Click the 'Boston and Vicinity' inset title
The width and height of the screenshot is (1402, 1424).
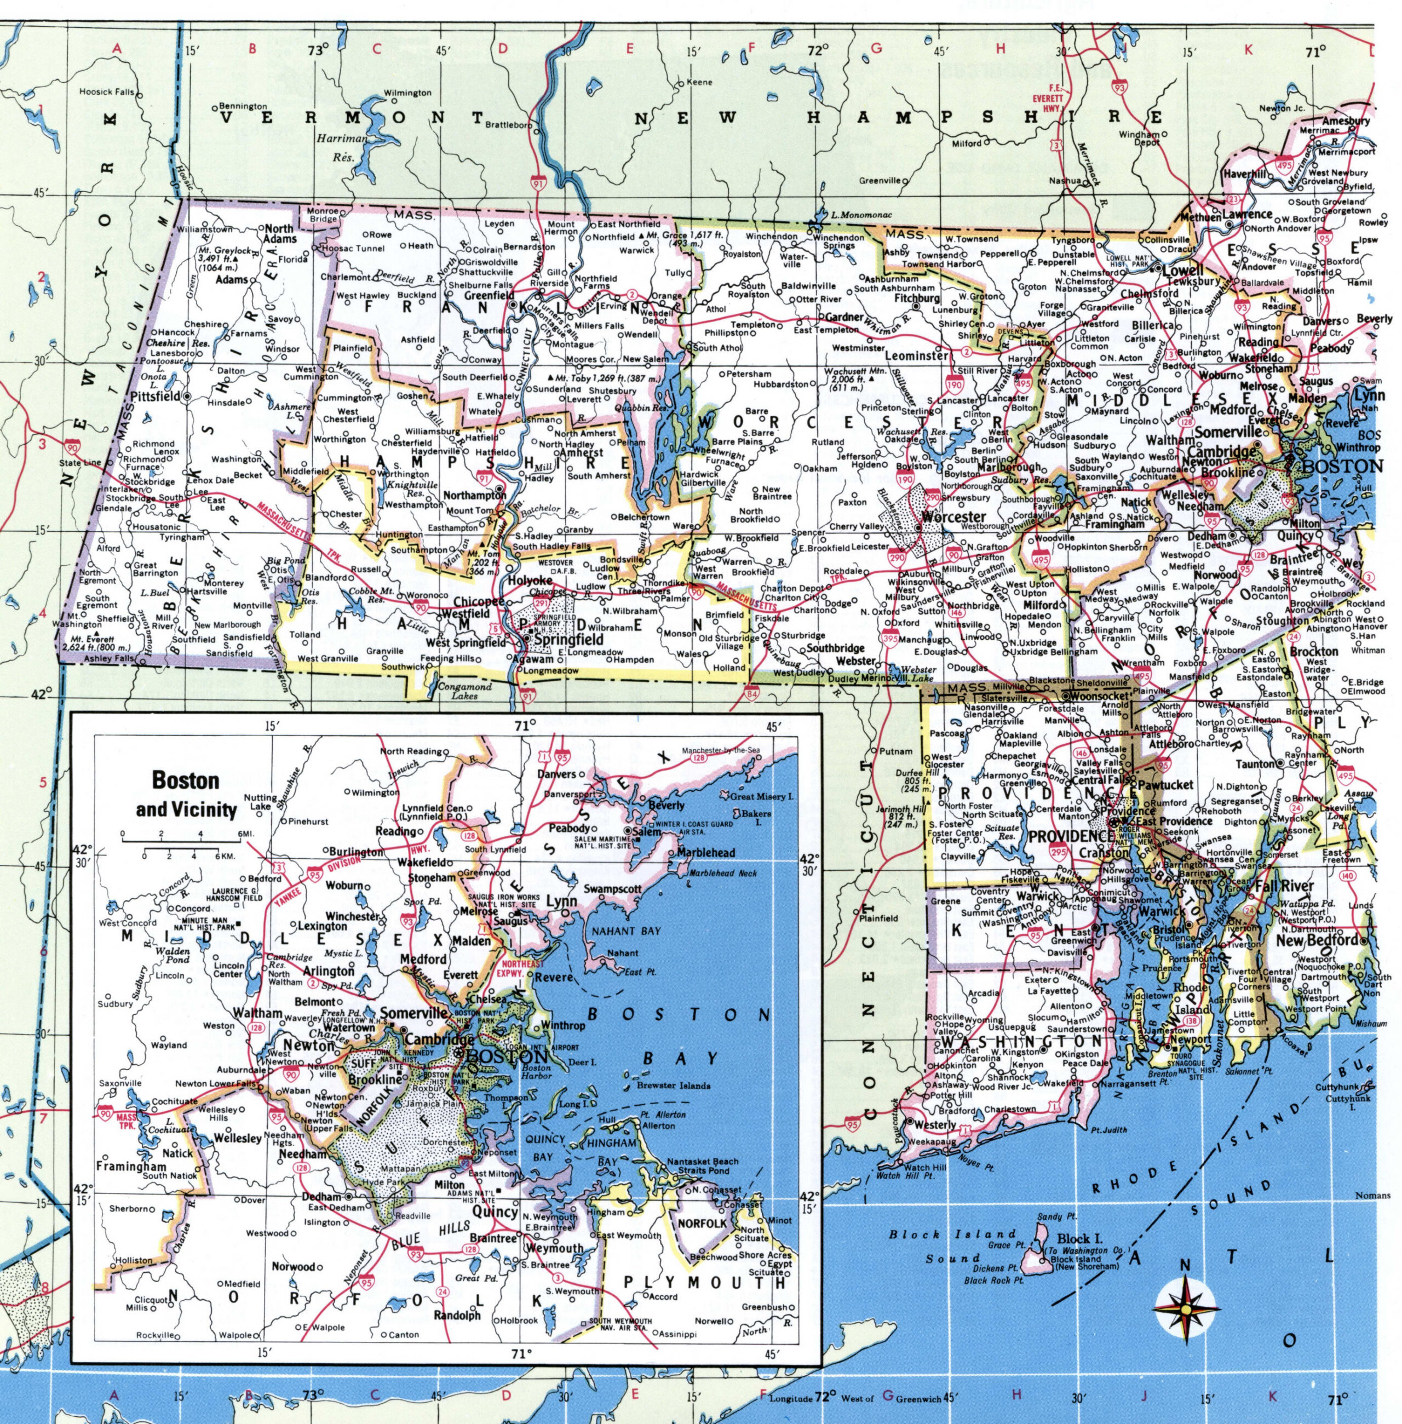(186, 795)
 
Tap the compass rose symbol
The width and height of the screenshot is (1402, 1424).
(1186, 1308)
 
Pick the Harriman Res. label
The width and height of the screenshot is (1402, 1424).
(342, 147)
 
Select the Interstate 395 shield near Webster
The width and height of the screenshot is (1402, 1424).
(889, 639)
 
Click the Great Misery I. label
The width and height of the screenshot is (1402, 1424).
(761, 797)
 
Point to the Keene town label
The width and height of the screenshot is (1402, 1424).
(699, 83)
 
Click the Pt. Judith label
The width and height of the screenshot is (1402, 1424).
(1109, 1129)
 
